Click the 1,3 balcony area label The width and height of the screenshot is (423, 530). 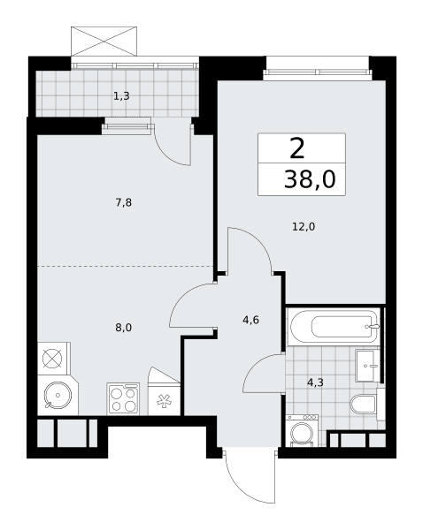(x=121, y=96)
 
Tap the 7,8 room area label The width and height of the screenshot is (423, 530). (x=124, y=202)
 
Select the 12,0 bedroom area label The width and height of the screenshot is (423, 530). (x=304, y=226)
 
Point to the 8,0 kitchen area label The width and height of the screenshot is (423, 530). (x=124, y=327)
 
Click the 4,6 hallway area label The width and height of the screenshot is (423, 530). (x=251, y=320)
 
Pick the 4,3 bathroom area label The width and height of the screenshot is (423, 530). (x=315, y=382)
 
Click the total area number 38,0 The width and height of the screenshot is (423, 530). (x=310, y=178)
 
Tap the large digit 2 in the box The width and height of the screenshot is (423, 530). (x=297, y=149)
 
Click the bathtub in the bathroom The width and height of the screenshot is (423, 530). (x=334, y=327)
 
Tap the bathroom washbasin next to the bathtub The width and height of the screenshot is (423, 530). (x=368, y=366)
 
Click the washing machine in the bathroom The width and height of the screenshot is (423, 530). (x=302, y=431)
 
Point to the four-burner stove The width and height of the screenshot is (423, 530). (x=123, y=398)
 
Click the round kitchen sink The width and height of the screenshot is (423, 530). (x=58, y=395)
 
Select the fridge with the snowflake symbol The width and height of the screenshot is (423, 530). (x=164, y=399)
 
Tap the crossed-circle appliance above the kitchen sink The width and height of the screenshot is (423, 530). (x=52, y=359)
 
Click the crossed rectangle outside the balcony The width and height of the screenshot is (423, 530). (x=104, y=42)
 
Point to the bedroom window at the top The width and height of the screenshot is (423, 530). (x=318, y=72)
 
